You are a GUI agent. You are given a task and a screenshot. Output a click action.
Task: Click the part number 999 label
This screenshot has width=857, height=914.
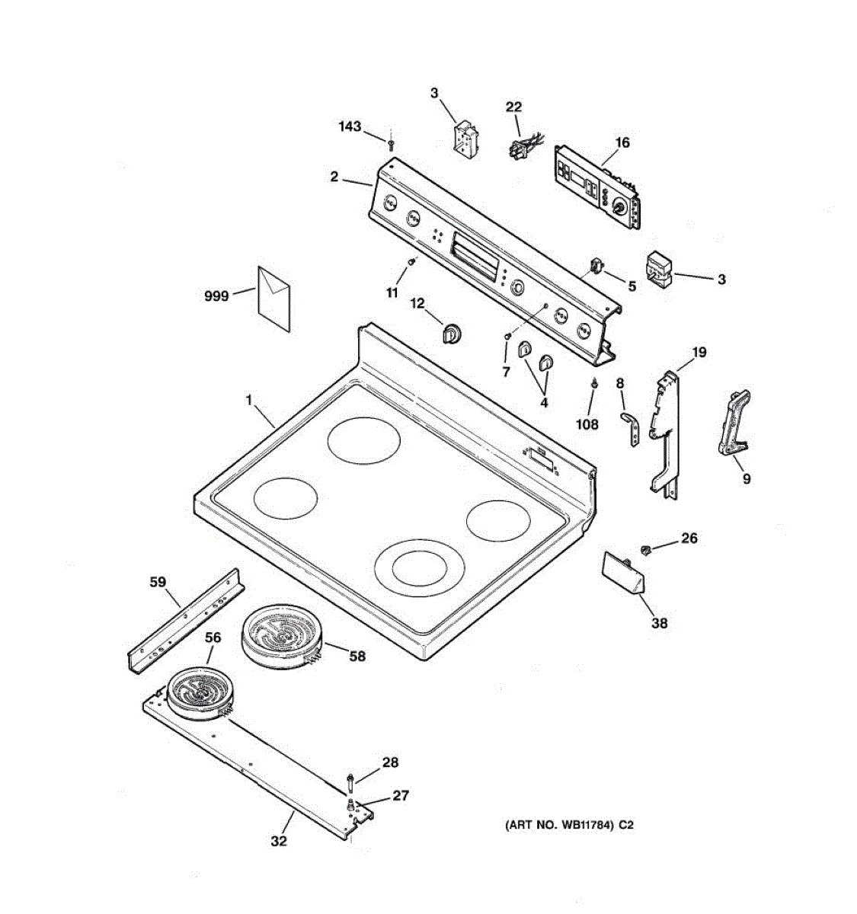click(x=217, y=296)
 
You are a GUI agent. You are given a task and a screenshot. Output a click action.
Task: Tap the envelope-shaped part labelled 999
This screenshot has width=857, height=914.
click(x=274, y=299)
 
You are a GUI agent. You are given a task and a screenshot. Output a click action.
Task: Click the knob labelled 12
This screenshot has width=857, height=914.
click(x=452, y=333)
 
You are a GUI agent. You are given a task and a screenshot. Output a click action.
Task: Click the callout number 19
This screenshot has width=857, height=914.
click(x=699, y=352)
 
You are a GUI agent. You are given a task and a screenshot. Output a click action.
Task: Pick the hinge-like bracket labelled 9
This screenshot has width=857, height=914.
click(x=734, y=423)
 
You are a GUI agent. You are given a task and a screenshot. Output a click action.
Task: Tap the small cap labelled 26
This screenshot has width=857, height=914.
click(x=646, y=548)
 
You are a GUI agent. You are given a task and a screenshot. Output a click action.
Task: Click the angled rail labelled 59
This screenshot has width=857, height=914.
click(x=186, y=619)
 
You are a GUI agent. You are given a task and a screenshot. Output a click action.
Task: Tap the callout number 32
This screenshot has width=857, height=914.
click(x=280, y=841)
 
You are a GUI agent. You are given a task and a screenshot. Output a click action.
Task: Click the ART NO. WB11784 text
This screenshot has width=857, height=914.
click(x=568, y=825)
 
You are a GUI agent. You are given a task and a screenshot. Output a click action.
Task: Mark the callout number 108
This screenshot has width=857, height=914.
click(x=587, y=424)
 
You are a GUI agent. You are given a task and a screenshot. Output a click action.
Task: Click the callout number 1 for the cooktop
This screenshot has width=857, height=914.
click(x=248, y=399)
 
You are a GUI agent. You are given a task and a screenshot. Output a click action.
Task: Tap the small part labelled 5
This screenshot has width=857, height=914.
click(x=597, y=266)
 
